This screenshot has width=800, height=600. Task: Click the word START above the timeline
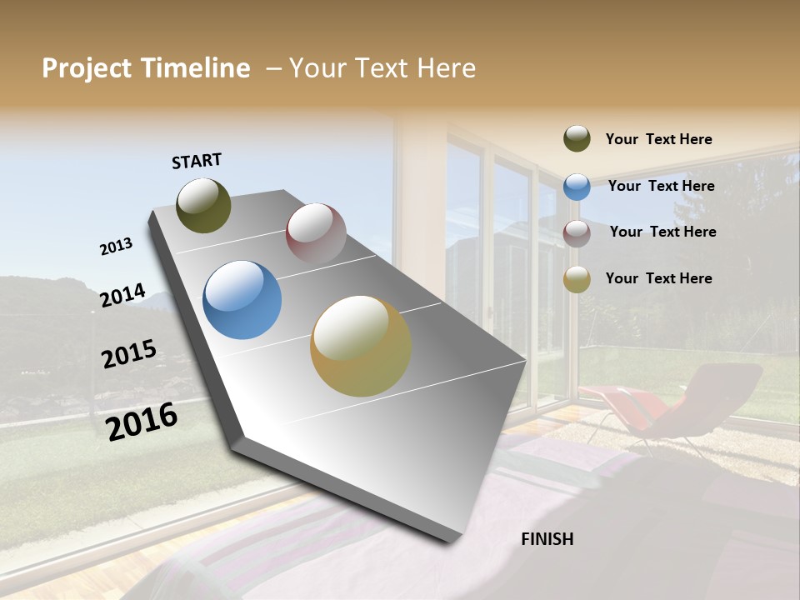tap(197, 161)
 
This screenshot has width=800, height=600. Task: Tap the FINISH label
tap(547, 539)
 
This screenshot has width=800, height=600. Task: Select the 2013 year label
tap(117, 247)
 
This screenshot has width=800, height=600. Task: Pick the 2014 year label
tap(122, 296)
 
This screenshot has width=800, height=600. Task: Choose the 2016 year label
tap(142, 421)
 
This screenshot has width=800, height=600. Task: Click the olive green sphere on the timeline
tap(203, 206)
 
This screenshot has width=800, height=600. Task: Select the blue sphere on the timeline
tap(242, 300)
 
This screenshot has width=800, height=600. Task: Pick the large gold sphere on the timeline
tap(361, 346)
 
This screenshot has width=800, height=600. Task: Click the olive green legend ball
tap(577, 139)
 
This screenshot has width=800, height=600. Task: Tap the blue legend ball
tap(577, 187)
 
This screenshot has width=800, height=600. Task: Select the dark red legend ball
tap(577, 233)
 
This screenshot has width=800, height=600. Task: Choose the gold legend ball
tap(577, 279)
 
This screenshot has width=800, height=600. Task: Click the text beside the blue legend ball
tap(661, 186)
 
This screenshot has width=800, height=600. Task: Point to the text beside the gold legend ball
tap(658, 278)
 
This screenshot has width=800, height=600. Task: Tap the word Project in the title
tap(87, 68)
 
